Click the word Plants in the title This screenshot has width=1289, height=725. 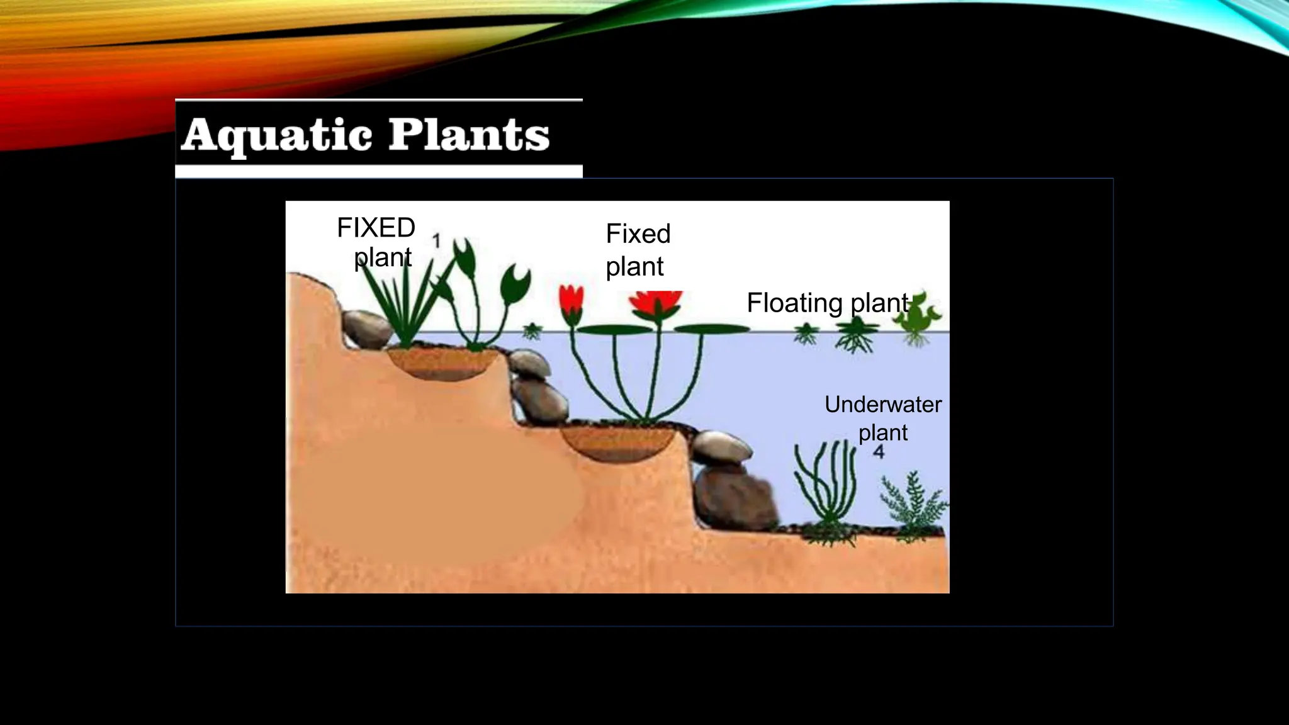[x=470, y=135]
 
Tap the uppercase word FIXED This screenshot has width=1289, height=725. [x=376, y=228]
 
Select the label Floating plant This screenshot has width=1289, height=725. [x=828, y=303]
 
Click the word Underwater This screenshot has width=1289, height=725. [x=882, y=405]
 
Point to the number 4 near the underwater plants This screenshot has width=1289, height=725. [x=879, y=451]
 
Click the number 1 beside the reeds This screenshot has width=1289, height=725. [x=436, y=240]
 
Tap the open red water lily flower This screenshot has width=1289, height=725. [x=656, y=304]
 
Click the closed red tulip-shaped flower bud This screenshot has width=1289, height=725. [x=571, y=300]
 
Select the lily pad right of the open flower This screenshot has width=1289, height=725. [x=716, y=329]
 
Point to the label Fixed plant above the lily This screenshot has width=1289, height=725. [x=637, y=250]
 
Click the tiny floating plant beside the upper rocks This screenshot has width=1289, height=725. [x=532, y=330]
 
